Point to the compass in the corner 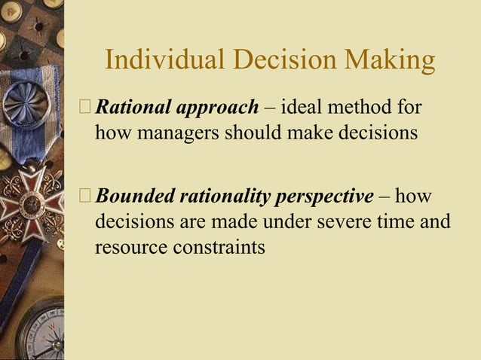click(41, 331)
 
